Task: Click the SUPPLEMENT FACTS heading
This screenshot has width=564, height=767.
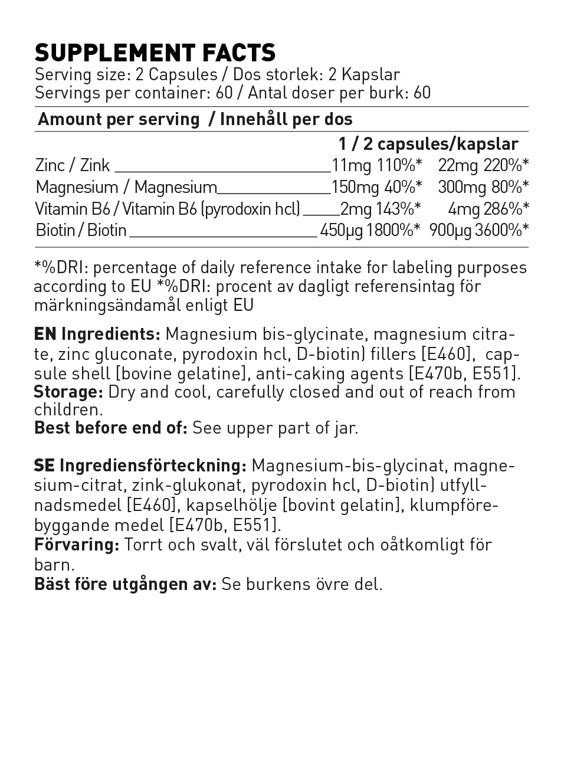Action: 155,53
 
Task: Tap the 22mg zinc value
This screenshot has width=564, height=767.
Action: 458,166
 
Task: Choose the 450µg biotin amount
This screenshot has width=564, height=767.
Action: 341,230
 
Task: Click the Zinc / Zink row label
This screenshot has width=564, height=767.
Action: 73,166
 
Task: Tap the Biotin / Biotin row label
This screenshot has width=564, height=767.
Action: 81,230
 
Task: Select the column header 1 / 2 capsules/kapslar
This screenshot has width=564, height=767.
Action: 428,144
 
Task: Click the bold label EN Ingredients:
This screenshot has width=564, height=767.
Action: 97,335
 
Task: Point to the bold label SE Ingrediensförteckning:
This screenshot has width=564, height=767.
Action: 140,466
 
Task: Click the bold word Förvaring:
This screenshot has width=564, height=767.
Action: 77,545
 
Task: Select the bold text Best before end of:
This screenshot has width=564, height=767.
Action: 111,428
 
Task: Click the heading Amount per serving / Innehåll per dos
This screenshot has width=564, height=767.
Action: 195,119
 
